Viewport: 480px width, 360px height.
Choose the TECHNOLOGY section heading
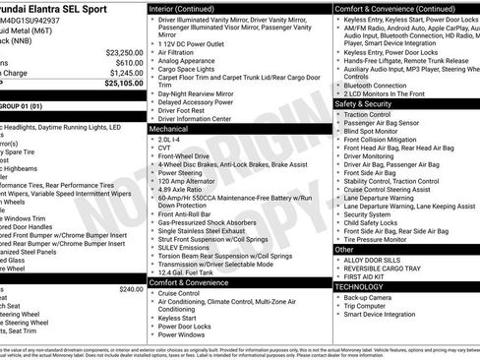(x=362, y=286)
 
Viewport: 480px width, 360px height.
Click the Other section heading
(x=344, y=249)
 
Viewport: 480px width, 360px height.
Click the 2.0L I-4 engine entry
(x=169, y=139)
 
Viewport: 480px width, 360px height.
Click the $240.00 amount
(x=131, y=289)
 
